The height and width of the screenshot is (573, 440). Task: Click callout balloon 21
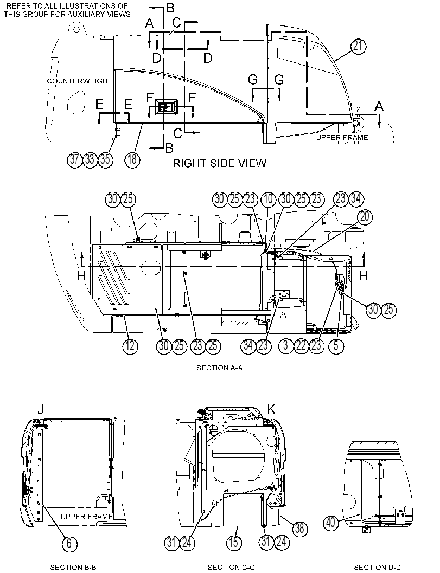[x=359, y=47]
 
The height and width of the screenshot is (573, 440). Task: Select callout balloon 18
[x=132, y=160]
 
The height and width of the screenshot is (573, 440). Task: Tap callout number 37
[x=75, y=160]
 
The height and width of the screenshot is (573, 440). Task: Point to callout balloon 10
[x=268, y=199]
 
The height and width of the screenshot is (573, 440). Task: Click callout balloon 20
[x=365, y=217]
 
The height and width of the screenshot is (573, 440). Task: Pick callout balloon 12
[x=130, y=346]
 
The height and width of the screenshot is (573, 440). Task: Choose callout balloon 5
[x=336, y=346]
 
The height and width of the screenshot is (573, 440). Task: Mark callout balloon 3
[x=286, y=346]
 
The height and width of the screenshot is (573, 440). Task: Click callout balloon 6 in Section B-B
[x=69, y=543]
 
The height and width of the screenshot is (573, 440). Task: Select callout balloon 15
[x=233, y=542]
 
